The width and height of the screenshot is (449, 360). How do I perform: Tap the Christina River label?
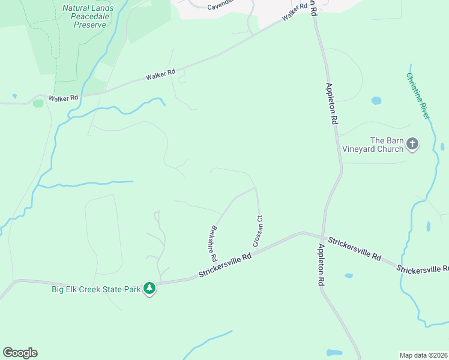pos(418,96)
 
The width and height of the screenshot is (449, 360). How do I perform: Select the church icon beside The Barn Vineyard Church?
pos(412,143)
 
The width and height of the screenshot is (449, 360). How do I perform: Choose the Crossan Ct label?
pos(258,232)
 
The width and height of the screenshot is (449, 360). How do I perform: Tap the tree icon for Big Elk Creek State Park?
pos(149,289)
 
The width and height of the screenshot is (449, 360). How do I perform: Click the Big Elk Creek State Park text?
pos(96,289)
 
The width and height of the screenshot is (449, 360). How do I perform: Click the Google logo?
pos(20,353)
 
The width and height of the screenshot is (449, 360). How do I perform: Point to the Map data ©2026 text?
pos(423,355)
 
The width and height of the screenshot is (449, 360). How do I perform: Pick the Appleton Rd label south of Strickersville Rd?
pos(321,265)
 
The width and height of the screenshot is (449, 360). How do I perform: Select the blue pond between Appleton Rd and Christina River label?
pos(376,101)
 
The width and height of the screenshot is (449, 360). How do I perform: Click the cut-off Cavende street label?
pos(220,7)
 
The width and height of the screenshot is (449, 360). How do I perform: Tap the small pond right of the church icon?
pos(442,146)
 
